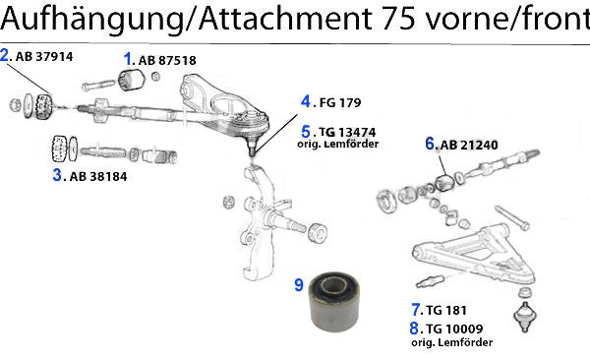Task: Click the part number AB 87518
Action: [167, 61]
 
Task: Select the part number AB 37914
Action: [44, 57]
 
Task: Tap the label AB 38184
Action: [98, 177]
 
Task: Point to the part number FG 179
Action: [340, 103]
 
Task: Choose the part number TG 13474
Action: [347, 133]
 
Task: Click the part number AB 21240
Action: [469, 145]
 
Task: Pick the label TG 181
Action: [446, 310]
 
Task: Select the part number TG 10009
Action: [454, 329]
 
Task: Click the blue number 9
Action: [299, 284]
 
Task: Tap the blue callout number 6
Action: [430, 144]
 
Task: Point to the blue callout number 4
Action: [306, 101]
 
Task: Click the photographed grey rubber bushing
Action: [333, 302]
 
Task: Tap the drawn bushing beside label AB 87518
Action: [132, 80]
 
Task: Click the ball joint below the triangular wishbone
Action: [525, 317]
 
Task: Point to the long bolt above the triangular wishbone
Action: [513, 217]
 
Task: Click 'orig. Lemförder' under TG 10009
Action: [452, 342]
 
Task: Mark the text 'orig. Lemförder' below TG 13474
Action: [338, 145]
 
